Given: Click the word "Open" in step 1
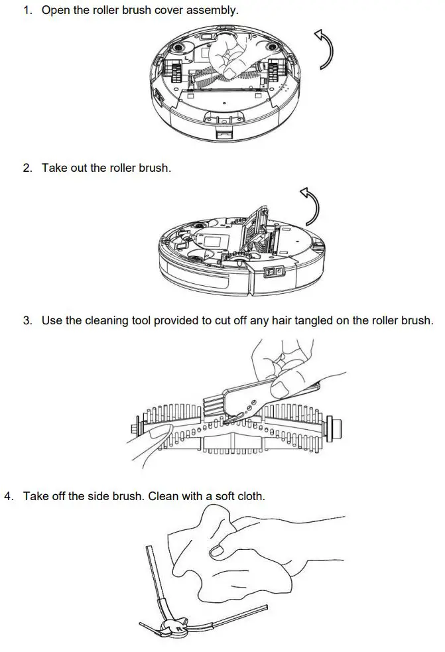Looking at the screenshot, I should click(x=56, y=11).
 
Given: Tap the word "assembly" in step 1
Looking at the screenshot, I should click(x=214, y=11).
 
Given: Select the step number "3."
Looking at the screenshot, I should click(x=28, y=320).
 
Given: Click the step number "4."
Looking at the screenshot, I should click(x=9, y=496).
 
